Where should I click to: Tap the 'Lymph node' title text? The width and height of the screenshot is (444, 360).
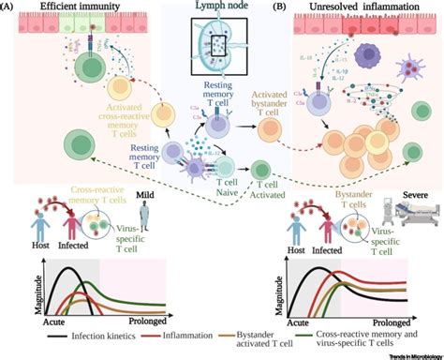tap(217, 7)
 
